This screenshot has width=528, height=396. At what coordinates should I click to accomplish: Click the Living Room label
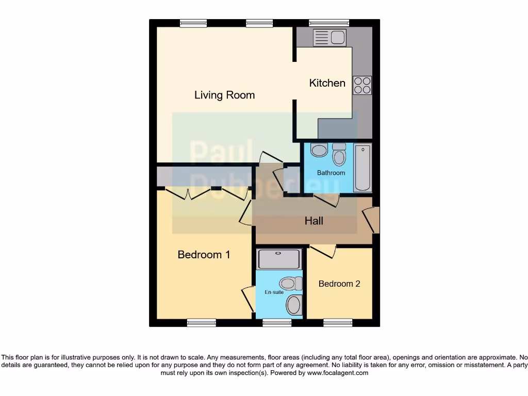[224, 95]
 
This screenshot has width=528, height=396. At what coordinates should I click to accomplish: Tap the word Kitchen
[327, 83]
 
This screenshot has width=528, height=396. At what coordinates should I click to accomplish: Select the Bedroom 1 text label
[204, 255]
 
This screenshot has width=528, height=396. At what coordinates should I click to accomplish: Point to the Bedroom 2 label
[339, 284]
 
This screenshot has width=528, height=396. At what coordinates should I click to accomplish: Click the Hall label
[313, 221]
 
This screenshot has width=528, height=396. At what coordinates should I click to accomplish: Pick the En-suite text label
[274, 292]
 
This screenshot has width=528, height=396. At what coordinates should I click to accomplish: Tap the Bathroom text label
[331, 173]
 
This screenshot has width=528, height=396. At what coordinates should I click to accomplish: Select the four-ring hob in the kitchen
[362, 85]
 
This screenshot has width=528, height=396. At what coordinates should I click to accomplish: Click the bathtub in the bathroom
[363, 168]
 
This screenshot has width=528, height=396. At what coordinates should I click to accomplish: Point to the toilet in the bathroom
[339, 155]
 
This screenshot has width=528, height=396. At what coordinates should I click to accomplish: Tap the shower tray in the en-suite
[279, 259]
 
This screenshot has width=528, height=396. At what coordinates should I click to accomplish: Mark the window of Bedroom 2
[338, 323]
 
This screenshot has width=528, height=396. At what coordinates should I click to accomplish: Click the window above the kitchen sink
[328, 23]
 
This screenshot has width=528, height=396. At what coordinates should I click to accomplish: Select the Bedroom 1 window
[201, 323]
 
